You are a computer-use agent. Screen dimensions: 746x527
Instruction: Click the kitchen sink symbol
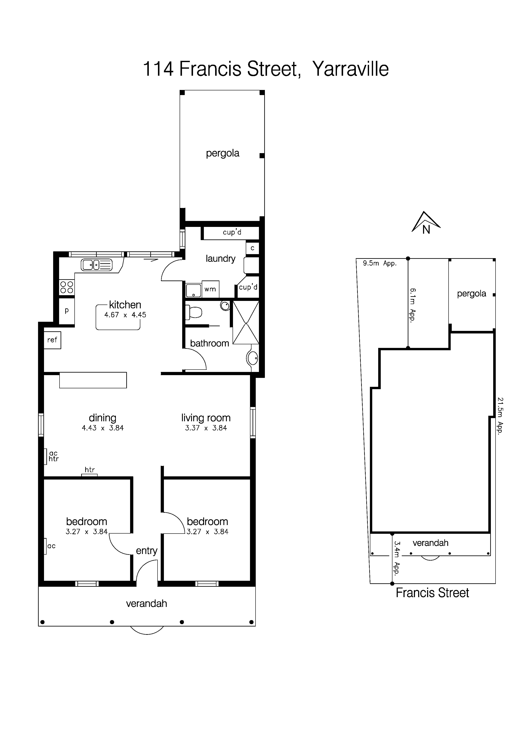coord(97,265)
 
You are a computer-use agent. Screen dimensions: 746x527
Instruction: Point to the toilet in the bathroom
coord(194,313)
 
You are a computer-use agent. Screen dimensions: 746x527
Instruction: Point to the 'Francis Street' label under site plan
coord(432,593)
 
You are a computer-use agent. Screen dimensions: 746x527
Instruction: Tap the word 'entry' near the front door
coord(146,551)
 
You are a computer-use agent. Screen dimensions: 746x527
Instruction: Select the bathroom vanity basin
coord(253,358)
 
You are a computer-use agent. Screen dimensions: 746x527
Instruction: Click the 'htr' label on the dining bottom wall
coord(90,470)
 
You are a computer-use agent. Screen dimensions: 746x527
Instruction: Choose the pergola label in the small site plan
coord(472,294)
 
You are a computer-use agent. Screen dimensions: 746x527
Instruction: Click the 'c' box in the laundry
coord(252,248)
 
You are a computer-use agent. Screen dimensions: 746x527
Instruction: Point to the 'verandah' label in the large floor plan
coord(146,604)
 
